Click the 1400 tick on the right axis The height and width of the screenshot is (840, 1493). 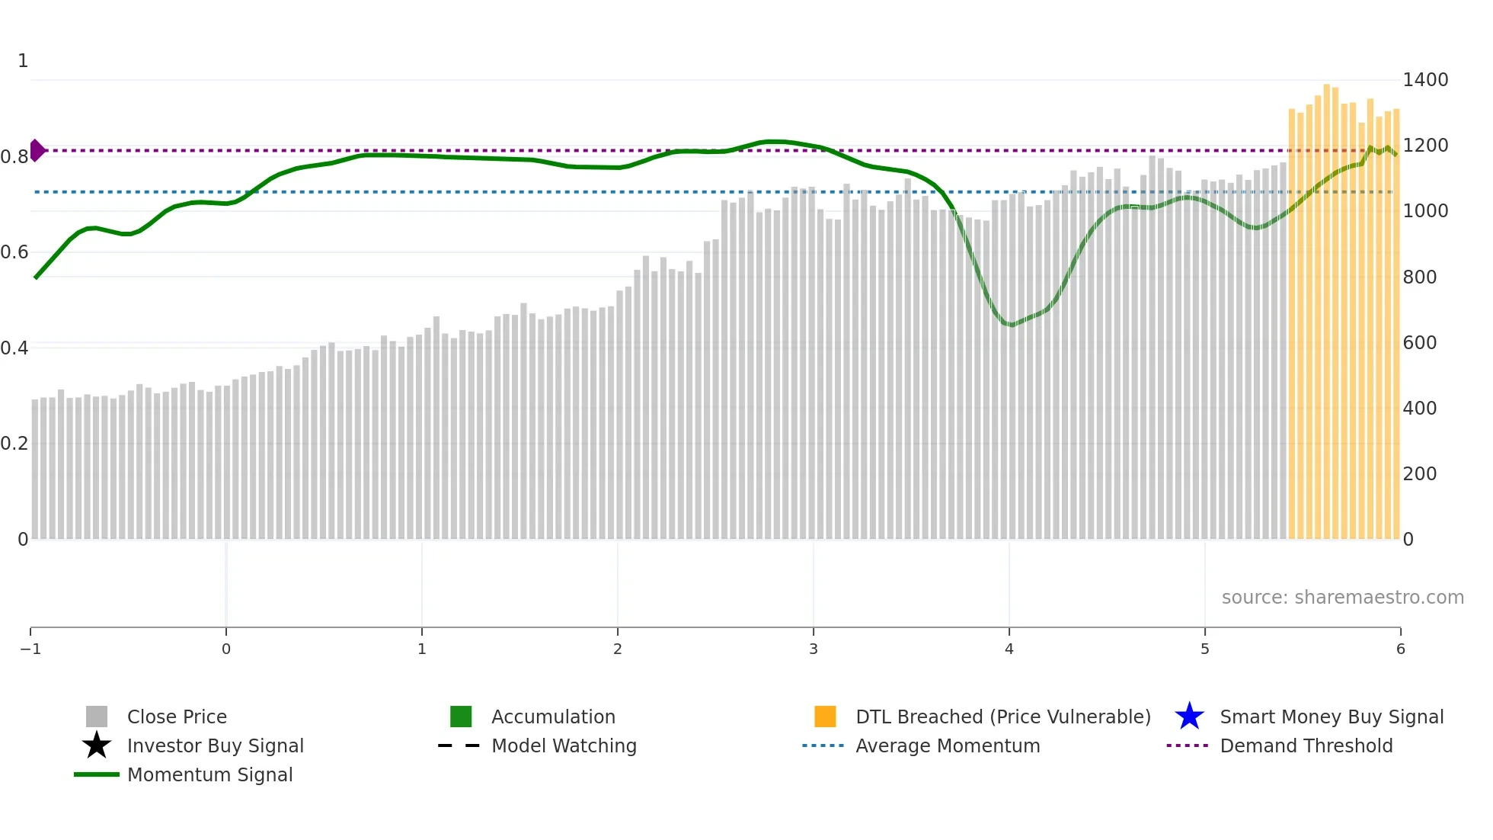tap(1424, 80)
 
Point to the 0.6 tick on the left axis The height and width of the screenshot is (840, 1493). tap(14, 252)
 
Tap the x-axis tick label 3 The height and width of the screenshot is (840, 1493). tap(813, 649)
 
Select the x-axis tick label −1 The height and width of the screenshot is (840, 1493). tap(30, 649)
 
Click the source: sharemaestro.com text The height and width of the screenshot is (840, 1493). tap(1342, 598)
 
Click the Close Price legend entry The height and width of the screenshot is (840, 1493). tap(177, 717)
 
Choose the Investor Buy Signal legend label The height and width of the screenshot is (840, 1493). tap(216, 746)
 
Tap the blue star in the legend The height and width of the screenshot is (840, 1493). tap(1189, 717)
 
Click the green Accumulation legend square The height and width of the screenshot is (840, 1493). tap(461, 717)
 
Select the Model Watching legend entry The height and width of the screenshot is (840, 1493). tap(564, 746)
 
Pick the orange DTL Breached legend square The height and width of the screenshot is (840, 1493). tap(825, 717)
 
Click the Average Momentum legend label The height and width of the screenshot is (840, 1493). tap(948, 746)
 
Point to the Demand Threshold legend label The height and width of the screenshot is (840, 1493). tap(1306, 746)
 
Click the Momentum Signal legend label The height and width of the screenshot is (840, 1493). tap(209, 775)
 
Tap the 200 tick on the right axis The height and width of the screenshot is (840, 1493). tap(1419, 474)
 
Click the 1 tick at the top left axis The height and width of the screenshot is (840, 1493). tap(23, 61)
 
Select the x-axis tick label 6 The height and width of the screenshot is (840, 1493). tap(1400, 649)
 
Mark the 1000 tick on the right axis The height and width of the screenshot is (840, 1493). tap(1424, 211)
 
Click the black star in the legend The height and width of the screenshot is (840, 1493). tap(97, 745)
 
